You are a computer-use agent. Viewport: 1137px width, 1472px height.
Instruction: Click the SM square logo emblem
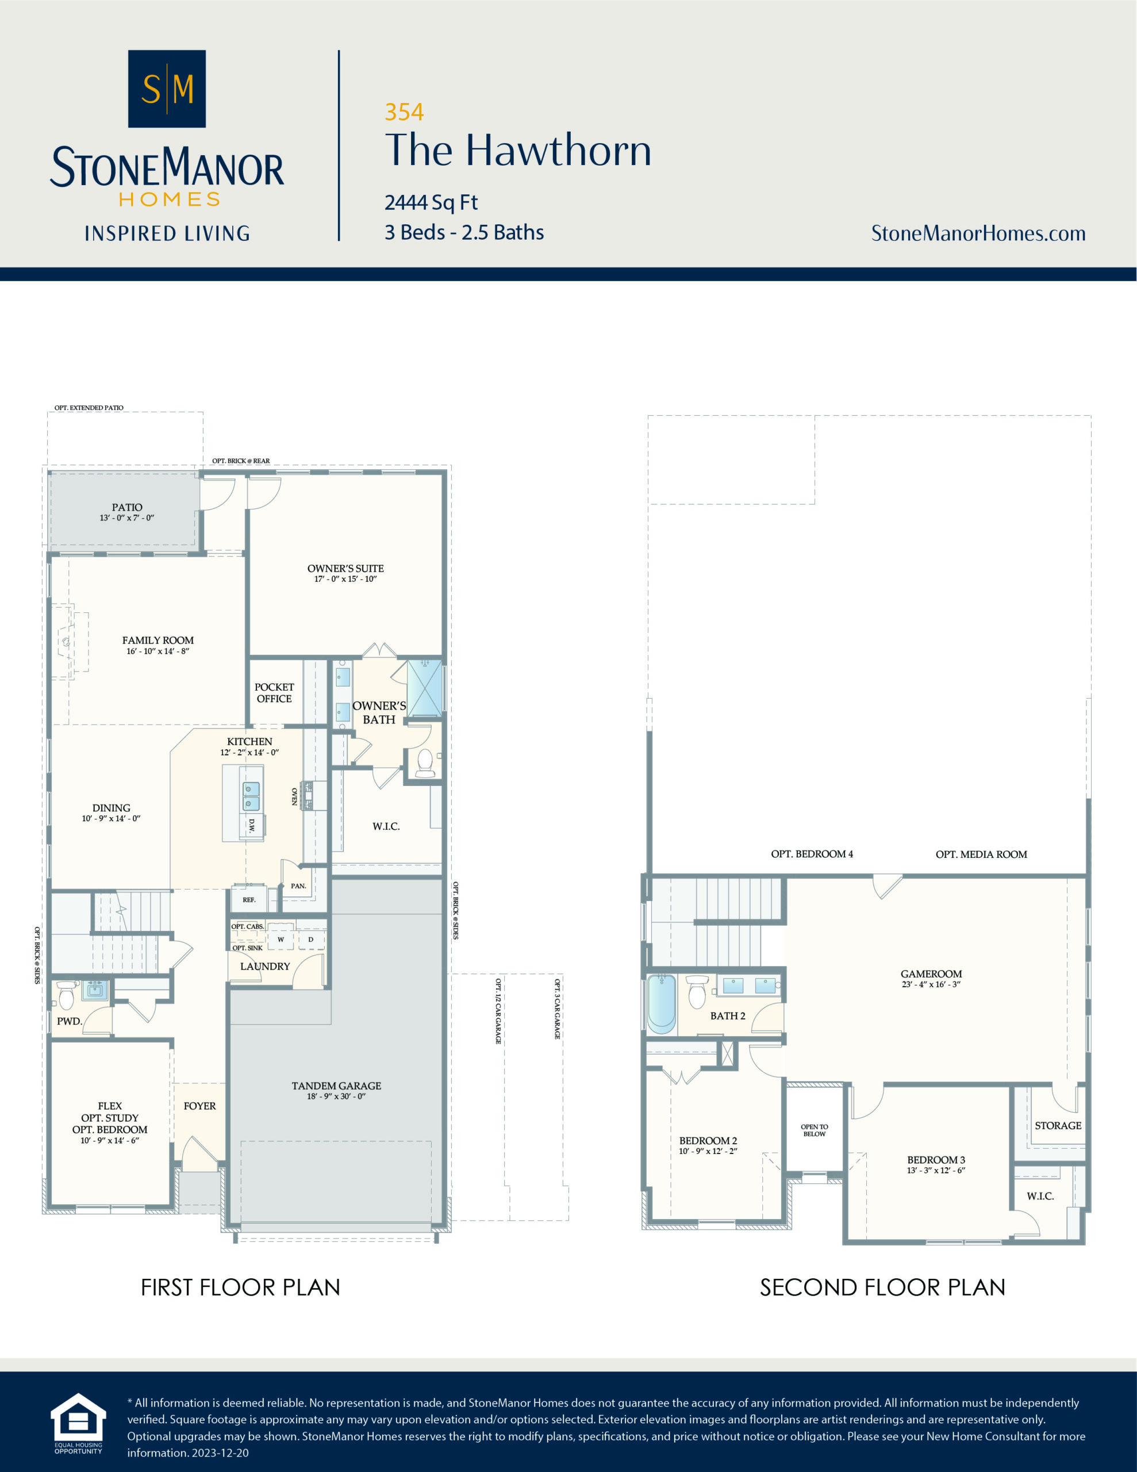pos(167,89)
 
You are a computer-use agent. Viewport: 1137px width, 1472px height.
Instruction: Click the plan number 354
pos(404,112)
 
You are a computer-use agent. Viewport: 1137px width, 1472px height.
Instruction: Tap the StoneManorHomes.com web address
pos(978,233)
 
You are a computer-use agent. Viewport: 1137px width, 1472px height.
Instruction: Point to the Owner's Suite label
pos(345,568)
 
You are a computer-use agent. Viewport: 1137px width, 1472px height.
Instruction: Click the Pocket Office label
pos(274,693)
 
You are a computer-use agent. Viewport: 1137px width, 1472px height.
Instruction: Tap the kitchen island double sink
pos(251,796)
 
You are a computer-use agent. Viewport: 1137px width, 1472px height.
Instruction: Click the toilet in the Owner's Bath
pos(425,762)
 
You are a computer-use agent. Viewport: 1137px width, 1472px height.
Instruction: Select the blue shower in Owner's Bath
pos(425,688)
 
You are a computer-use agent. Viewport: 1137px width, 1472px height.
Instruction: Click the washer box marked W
pos(281,939)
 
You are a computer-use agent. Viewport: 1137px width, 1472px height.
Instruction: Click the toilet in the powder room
pos(66,995)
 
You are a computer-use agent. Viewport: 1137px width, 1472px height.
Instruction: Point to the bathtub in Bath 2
pos(661,1003)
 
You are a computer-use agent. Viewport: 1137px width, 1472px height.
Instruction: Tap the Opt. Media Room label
pos(981,854)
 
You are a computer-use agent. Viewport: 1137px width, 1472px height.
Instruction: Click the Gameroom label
pos(931,973)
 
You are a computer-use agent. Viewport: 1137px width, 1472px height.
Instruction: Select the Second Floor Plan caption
pos(882,1287)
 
